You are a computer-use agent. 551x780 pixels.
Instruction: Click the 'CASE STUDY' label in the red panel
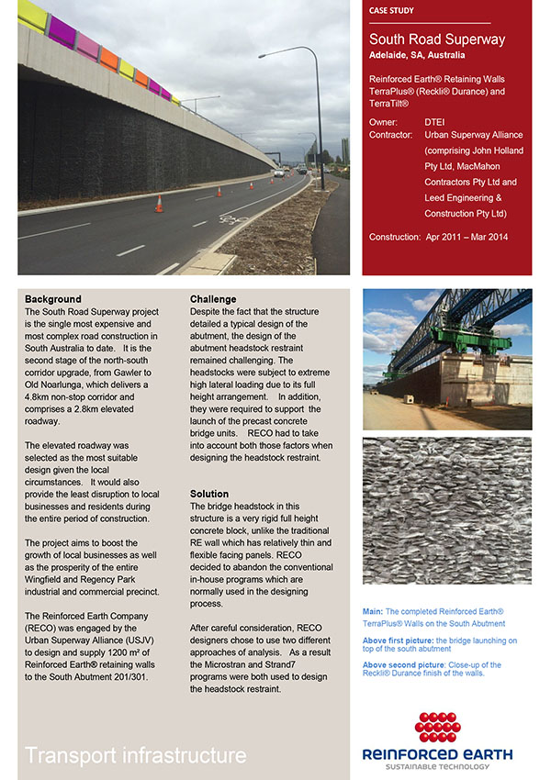[390, 11]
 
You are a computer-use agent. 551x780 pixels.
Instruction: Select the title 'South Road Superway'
[436, 39]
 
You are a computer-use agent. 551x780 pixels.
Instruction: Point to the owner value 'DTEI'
[435, 121]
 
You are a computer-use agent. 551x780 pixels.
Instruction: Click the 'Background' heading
[53, 299]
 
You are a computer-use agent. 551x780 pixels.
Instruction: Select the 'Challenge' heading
[213, 299]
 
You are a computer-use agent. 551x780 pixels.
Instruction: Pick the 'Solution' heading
[209, 494]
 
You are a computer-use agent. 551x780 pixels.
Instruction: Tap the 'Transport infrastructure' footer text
[136, 755]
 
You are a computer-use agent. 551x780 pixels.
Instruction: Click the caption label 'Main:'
[372, 611]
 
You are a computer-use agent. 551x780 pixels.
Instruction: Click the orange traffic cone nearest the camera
[159, 204]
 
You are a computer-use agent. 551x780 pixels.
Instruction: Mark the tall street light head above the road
[264, 57]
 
